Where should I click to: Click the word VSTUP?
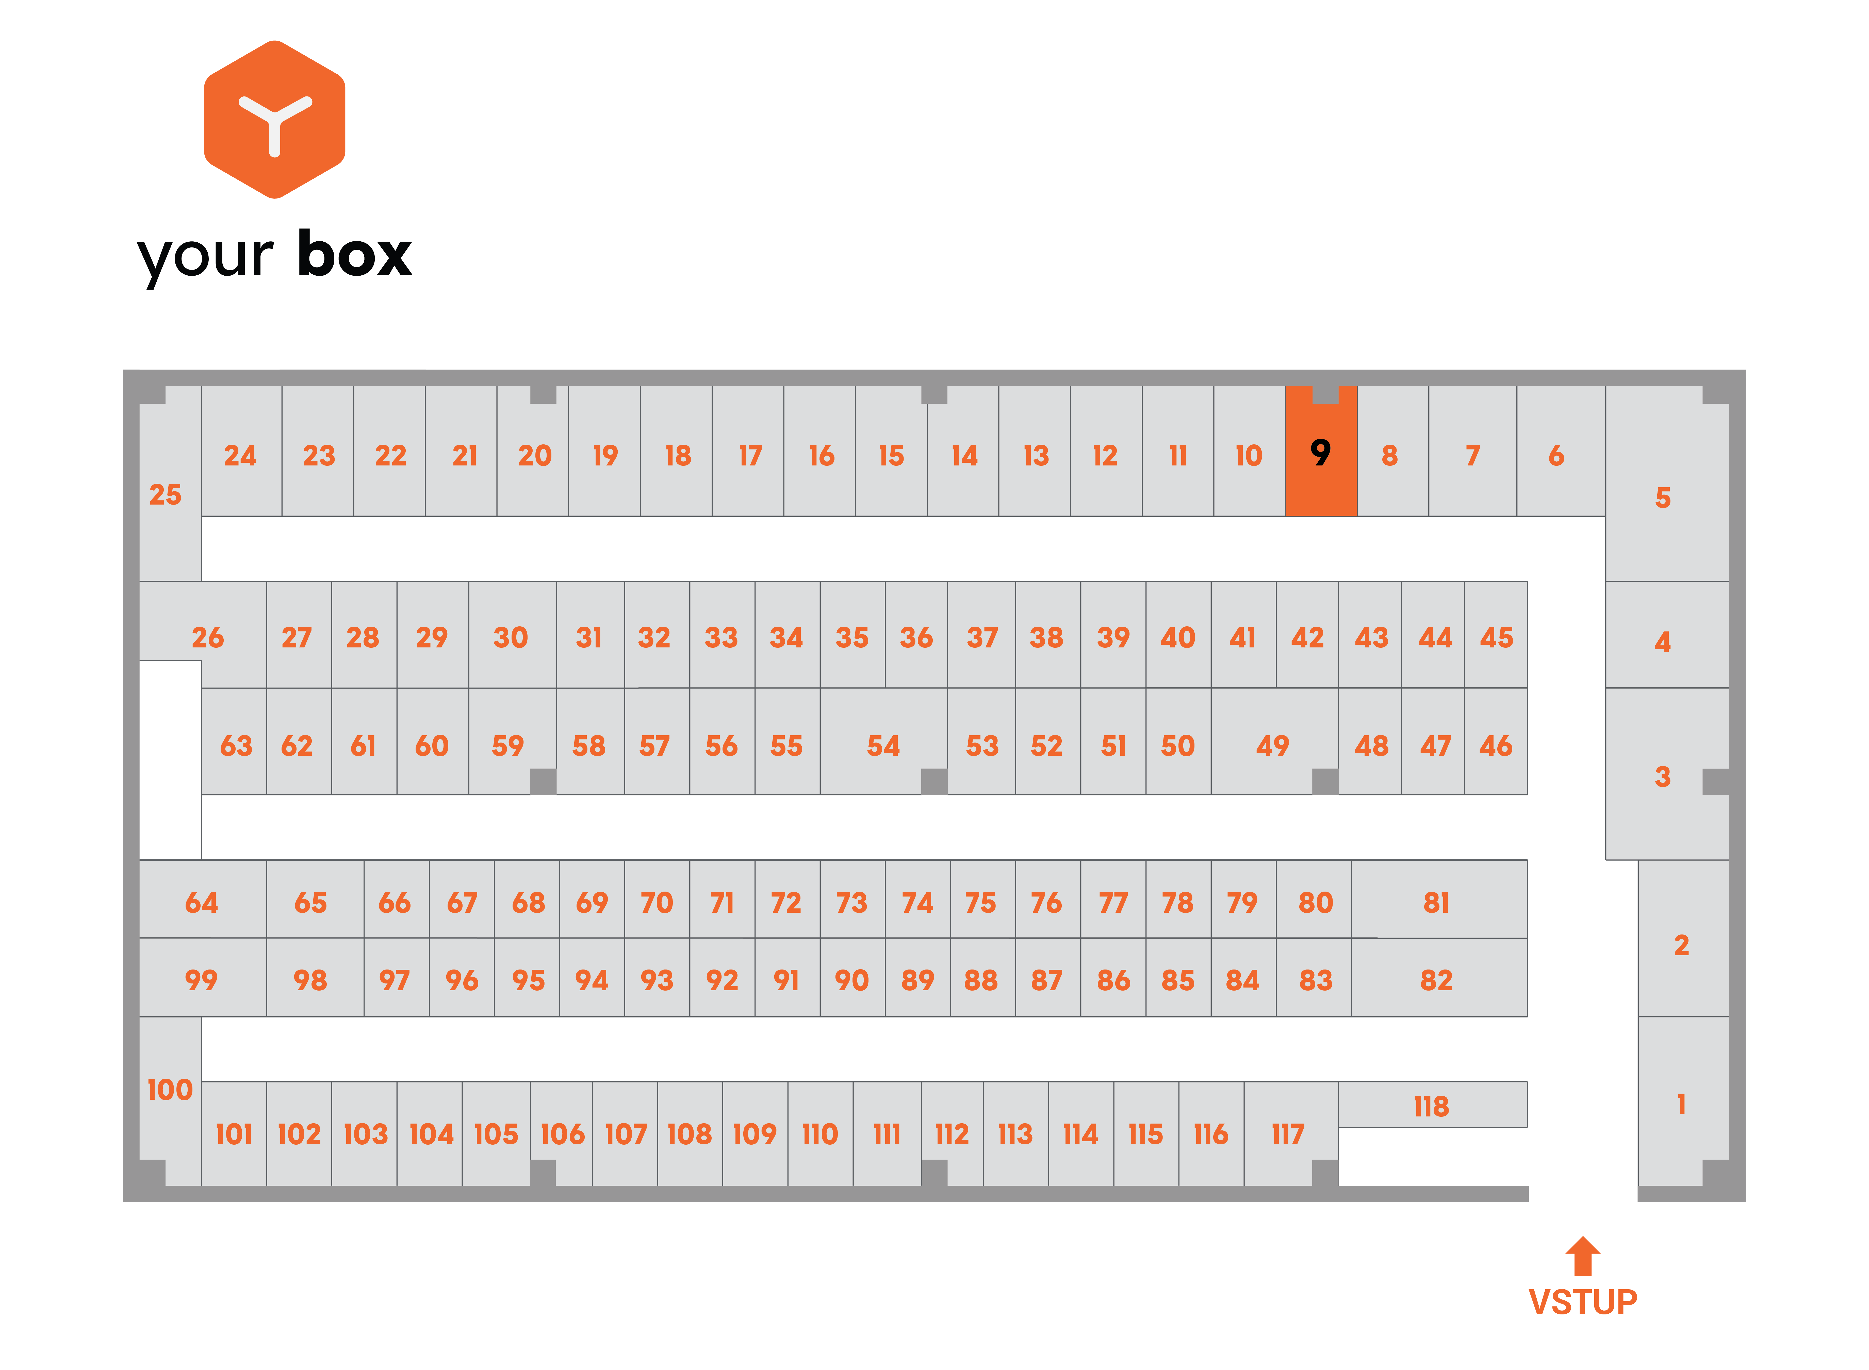[x=1583, y=1302]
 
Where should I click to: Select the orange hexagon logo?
[x=275, y=120]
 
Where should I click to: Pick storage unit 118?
[x=1433, y=1105]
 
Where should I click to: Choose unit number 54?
[x=883, y=741]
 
